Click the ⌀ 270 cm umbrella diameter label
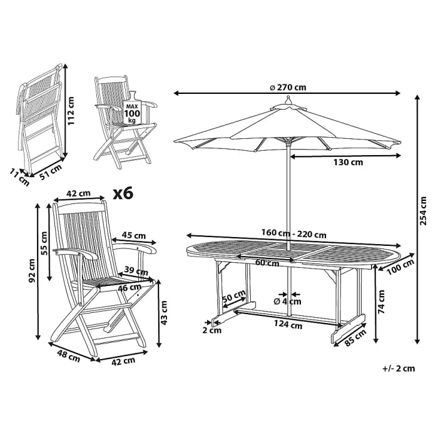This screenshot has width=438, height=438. click(x=288, y=87)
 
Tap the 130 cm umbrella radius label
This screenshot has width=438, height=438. click(x=347, y=162)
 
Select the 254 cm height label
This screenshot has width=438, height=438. click(x=424, y=210)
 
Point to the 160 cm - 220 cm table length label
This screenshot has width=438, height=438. click(x=294, y=235)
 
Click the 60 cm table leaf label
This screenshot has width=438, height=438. click(x=267, y=263)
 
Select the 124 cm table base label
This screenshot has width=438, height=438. click(x=288, y=325)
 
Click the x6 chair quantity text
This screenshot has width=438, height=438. click(x=124, y=193)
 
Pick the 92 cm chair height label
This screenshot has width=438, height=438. click(x=32, y=272)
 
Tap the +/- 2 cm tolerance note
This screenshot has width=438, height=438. click(x=398, y=369)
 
